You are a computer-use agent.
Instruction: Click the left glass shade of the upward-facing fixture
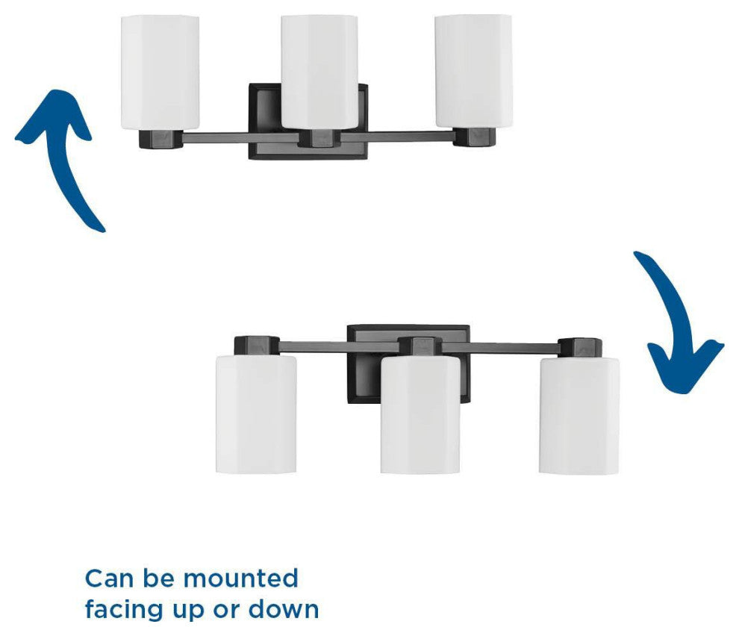(x=160, y=72)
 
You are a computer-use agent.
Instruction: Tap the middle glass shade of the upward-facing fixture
(x=319, y=72)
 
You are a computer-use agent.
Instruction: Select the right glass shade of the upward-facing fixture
(x=473, y=71)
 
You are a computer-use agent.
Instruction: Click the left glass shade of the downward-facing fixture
(x=256, y=414)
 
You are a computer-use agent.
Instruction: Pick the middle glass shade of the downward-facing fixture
(x=420, y=415)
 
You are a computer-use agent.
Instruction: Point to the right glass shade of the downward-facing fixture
(x=579, y=415)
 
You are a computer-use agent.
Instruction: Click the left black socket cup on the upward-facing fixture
(x=160, y=139)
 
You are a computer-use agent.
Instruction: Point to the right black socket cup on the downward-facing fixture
(x=580, y=347)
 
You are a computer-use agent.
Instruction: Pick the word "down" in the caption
(x=284, y=608)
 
